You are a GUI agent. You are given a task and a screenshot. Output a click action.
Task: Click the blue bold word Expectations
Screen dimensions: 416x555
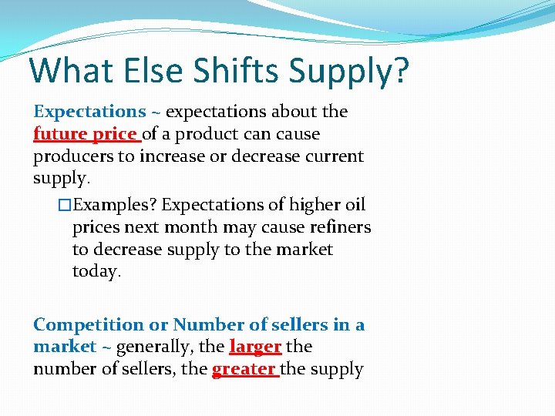(x=89, y=112)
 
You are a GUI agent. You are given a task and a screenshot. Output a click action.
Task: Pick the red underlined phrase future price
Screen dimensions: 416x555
(x=86, y=134)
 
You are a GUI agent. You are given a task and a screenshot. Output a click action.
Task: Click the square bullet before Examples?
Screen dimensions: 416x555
(x=65, y=206)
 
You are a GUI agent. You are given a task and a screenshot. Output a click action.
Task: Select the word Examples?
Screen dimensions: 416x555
(x=115, y=206)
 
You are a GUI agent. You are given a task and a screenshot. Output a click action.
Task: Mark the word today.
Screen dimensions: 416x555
(x=97, y=272)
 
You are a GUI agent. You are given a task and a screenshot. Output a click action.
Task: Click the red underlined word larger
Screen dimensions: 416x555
(x=255, y=347)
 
